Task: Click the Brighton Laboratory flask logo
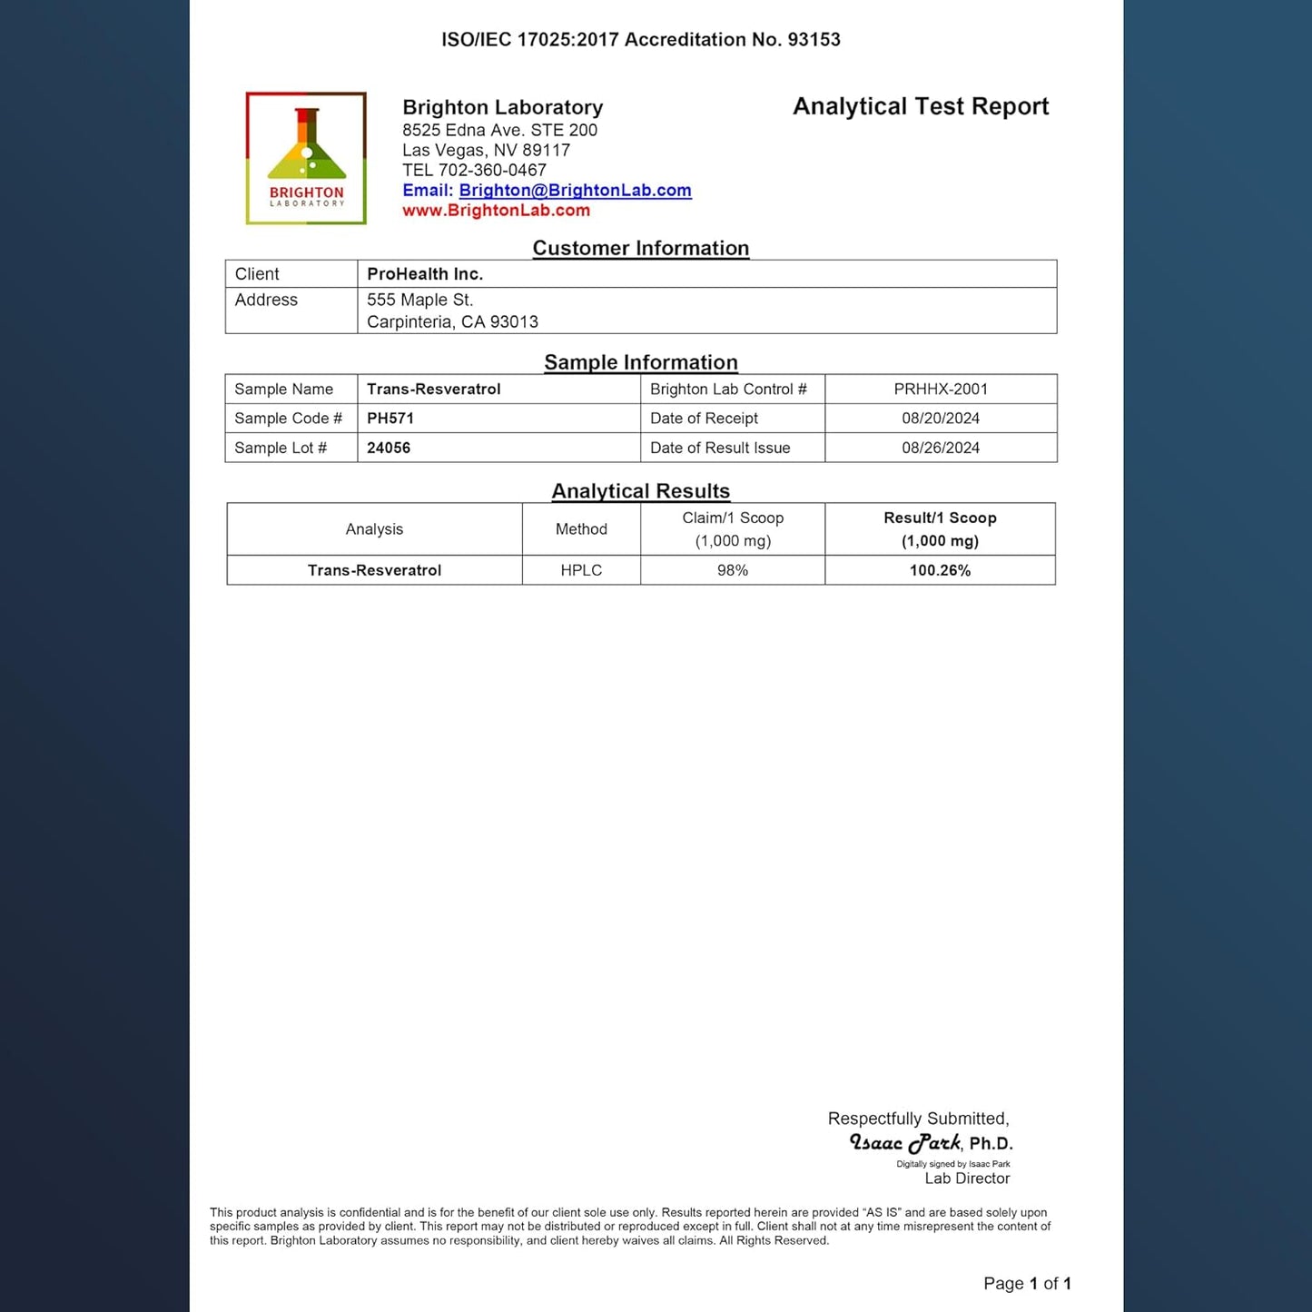pyautogui.click(x=306, y=157)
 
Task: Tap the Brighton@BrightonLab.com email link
pyautogui.click(x=575, y=191)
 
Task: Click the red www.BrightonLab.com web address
pyautogui.click(x=496, y=211)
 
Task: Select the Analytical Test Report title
pyautogui.click(x=920, y=107)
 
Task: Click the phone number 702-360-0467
pyautogui.click(x=492, y=171)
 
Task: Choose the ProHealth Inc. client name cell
pyautogui.click(x=425, y=274)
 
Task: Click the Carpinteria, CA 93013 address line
pyautogui.click(x=452, y=322)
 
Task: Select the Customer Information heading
pyautogui.click(x=640, y=248)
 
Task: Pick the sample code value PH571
pyautogui.click(x=390, y=419)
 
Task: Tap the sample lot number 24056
pyautogui.click(x=389, y=448)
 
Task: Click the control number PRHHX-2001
pyautogui.click(x=941, y=390)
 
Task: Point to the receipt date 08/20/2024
pyautogui.click(x=941, y=419)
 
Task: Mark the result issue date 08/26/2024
pyautogui.click(x=941, y=448)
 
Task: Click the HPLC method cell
pyautogui.click(x=581, y=570)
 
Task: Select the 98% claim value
pyautogui.click(x=733, y=570)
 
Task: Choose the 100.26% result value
pyautogui.click(x=940, y=570)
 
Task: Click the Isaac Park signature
pyautogui.click(x=905, y=1143)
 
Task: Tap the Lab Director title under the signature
pyautogui.click(x=967, y=1179)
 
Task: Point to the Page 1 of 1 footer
pyautogui.click(x=1027, y=1284)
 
